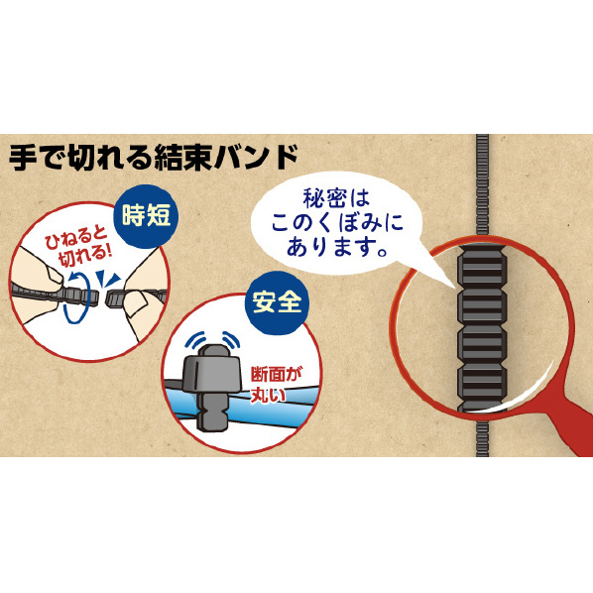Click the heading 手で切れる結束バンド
[154, 157]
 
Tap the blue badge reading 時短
[146, 216]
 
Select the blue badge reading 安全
[278, 302]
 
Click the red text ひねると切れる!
[78, 247]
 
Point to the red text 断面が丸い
[276, 384]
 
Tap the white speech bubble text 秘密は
[336, 197]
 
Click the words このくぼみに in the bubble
[336, 223]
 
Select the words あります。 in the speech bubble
[336, 247]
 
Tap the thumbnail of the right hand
[136, 302]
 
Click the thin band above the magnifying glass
[482, 185]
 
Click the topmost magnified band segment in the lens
[482, 268]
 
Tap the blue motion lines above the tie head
[212, 339]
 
